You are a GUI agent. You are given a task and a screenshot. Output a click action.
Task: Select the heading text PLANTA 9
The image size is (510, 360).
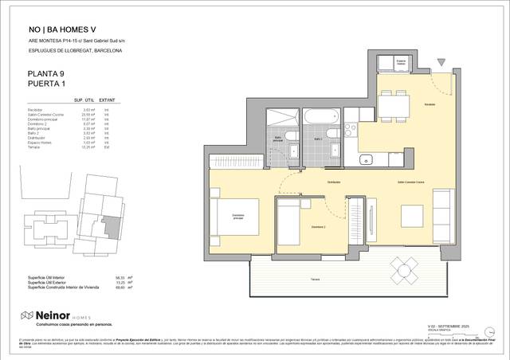(46, 74)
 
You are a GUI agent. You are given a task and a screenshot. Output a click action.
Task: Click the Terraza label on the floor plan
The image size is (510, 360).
(316, 280)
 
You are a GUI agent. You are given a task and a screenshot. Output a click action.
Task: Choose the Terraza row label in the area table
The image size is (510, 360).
(33, 147)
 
